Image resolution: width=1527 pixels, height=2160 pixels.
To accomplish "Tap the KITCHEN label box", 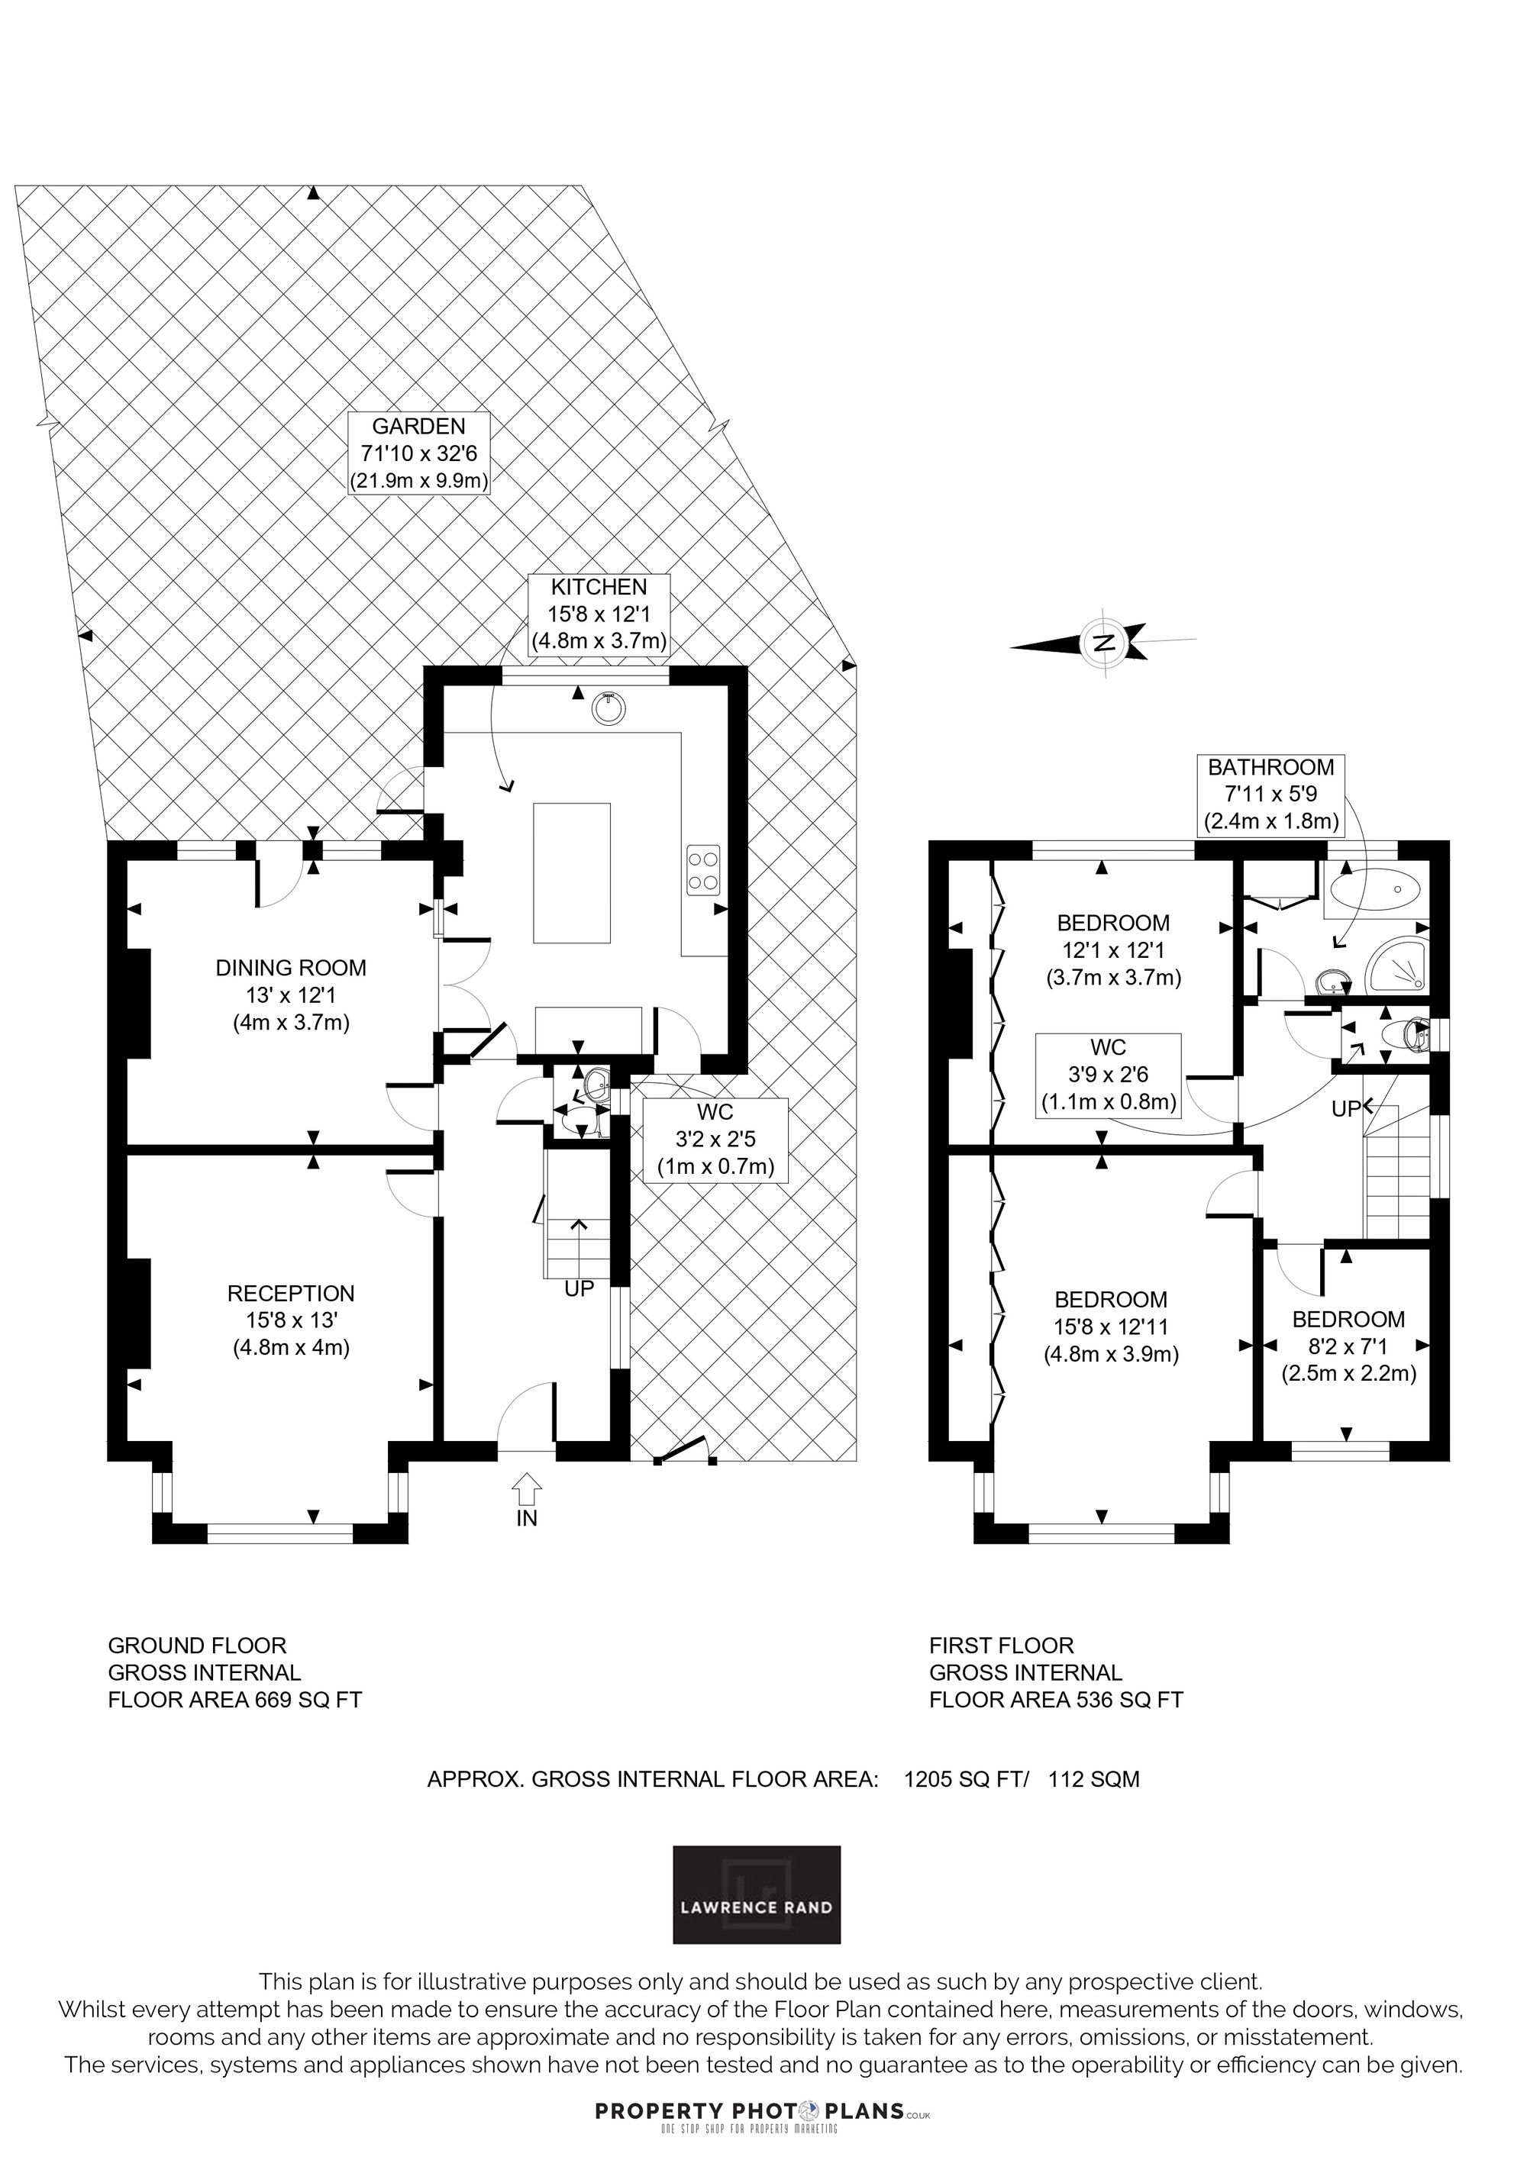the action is tap(599, 614).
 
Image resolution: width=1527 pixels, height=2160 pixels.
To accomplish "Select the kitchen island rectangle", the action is tap(572, 873).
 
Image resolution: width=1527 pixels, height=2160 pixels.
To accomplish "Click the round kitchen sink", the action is tap(608, 708).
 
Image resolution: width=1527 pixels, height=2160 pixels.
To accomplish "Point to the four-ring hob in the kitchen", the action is tap(705, 870).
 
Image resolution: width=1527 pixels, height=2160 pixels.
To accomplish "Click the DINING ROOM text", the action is tap(291, 968).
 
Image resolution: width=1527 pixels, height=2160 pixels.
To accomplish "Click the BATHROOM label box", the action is tap(1271, 794).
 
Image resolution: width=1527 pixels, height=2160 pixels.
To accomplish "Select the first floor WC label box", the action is tap(1109, 1075).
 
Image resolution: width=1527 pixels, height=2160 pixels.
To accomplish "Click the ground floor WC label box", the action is tap(715, 1140).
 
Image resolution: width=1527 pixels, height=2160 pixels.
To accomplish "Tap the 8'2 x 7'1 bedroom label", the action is tap(1348, 1346).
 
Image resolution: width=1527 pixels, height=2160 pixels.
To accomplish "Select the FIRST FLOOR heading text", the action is tap(1001, 1646).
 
